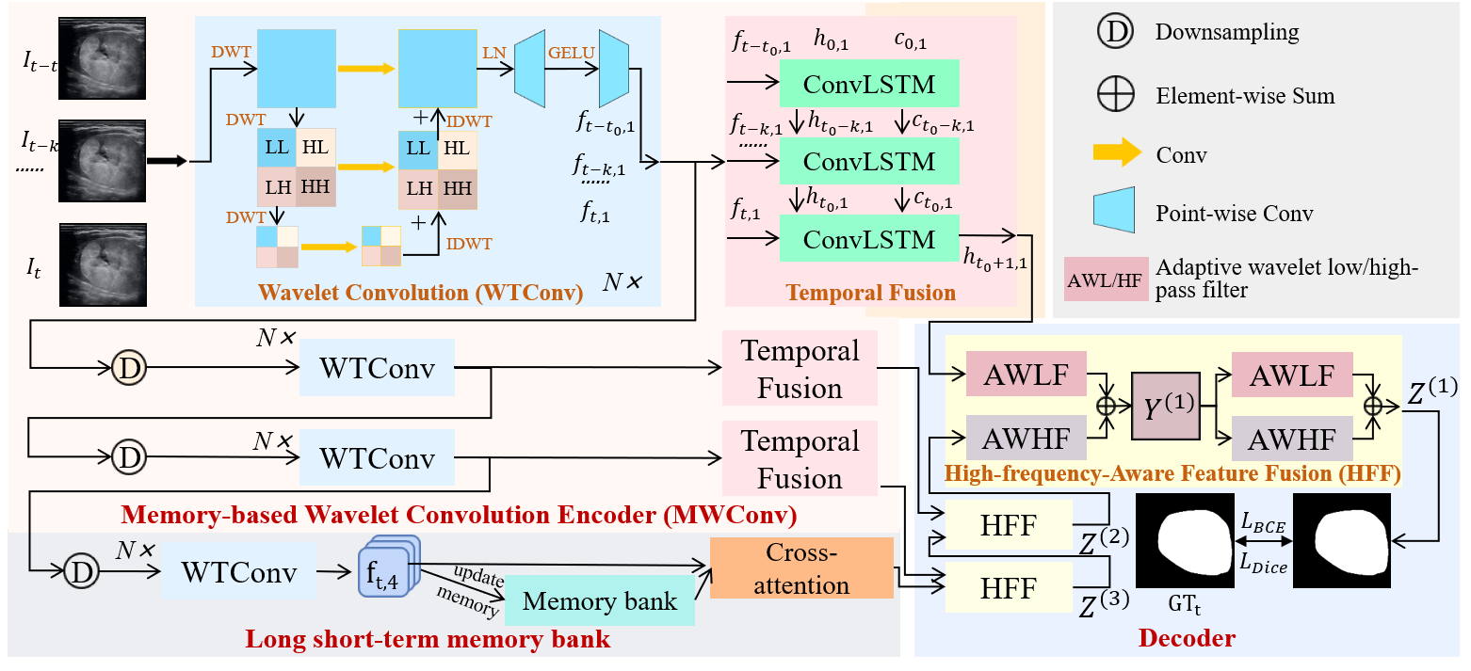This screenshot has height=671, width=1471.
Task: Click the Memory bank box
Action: (599, 601)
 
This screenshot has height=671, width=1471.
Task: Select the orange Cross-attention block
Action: (800, 567)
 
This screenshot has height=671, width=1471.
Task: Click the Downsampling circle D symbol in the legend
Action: (1116, 32)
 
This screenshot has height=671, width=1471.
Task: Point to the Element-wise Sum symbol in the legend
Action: (1116, 96)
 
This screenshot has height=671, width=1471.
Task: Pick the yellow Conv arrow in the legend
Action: (1115, 155)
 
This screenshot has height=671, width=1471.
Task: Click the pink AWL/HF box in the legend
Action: (1104, 279)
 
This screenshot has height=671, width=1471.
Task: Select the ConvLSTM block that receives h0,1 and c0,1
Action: (869, 85)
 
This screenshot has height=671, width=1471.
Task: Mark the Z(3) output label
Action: (1104, 602)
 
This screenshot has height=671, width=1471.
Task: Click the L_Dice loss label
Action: (1263, 565)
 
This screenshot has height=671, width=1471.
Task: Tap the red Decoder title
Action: (1187, 638)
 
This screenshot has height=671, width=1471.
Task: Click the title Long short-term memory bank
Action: (428, 641)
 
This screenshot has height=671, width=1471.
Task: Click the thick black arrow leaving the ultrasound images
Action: (167, 162)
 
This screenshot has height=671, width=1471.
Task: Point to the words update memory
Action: (468, 589)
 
